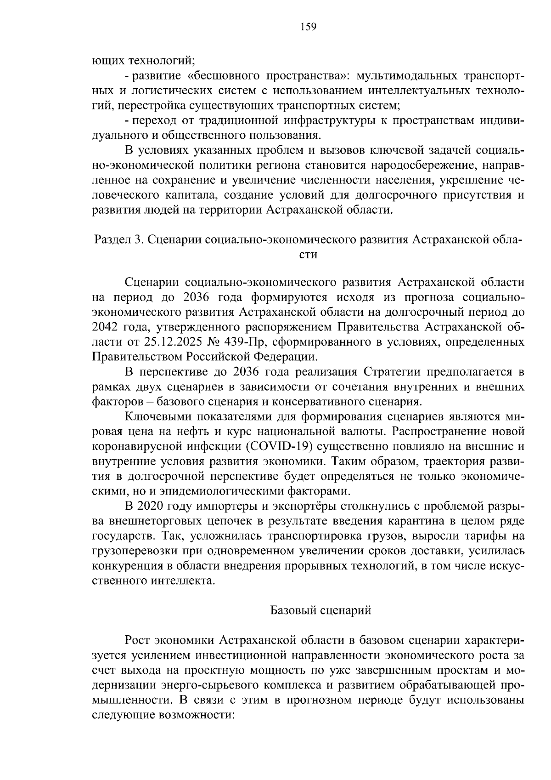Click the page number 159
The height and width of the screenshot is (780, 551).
click(308, 27)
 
